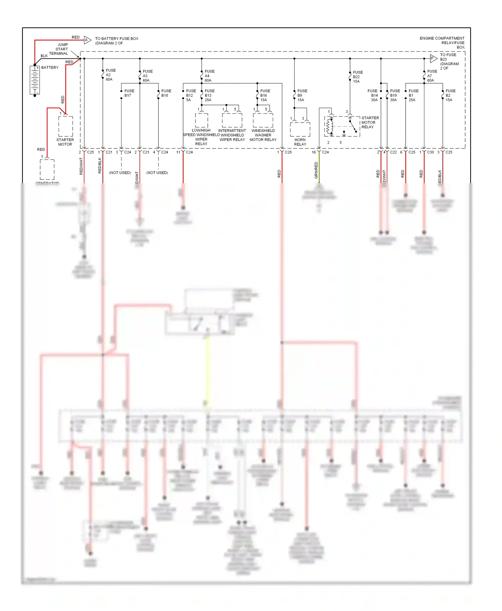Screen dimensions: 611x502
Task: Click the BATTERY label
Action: click(x=50, y=68)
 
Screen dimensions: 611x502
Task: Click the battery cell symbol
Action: click(x=35, y=80)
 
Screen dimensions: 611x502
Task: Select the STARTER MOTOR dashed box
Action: click(x=66, y=126)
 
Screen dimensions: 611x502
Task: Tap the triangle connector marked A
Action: click(x=87, y=40)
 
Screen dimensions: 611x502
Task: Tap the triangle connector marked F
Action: click(x=433, y=58)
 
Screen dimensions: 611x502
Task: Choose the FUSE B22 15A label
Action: click(x=357, y=77)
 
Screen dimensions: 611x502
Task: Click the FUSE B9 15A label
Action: click(x=302, y=95)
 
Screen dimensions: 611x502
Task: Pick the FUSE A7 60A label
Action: click(x=432, y=76)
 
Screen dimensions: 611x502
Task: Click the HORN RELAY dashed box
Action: click(x=300, y=129)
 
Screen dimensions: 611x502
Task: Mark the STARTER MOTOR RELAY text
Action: click(x=370, y=122)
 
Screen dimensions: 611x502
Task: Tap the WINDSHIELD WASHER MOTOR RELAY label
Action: click(x=263, y=135)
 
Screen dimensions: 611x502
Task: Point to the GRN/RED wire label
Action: click(x=316, y=170)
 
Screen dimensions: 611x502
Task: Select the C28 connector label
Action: click(x=288, y=152)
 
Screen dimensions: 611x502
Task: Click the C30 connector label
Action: click(x=430, y=152)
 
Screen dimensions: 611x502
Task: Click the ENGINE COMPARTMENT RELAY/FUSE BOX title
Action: click(x=442, y=43)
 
